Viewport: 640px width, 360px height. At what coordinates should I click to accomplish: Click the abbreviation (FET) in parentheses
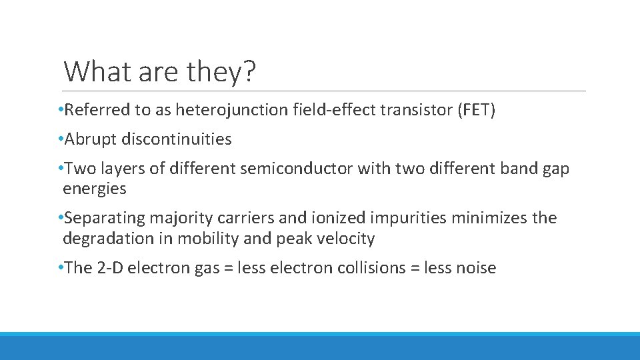476,110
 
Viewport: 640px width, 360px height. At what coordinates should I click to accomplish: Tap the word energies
94,189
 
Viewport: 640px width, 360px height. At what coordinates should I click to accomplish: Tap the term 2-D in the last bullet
109,268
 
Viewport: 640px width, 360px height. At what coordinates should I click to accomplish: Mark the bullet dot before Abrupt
61,139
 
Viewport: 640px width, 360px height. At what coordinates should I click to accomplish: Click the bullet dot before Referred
61,110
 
